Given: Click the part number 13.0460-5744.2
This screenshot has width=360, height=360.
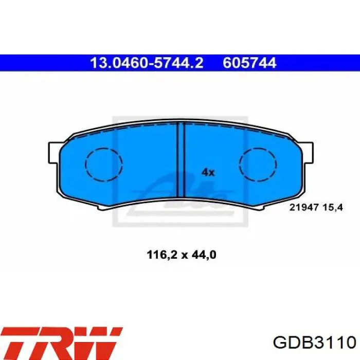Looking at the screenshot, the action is tap(147, 63).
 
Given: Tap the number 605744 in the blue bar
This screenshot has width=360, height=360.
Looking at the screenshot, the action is tap(249, 63).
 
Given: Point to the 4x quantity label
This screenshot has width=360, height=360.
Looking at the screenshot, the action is tap(208, 172).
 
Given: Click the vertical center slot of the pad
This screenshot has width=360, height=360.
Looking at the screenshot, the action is tap(181, 160).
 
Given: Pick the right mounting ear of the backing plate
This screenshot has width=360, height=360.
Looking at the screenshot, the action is tap(308, 153).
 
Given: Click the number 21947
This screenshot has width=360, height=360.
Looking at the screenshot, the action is tap(304, 208).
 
